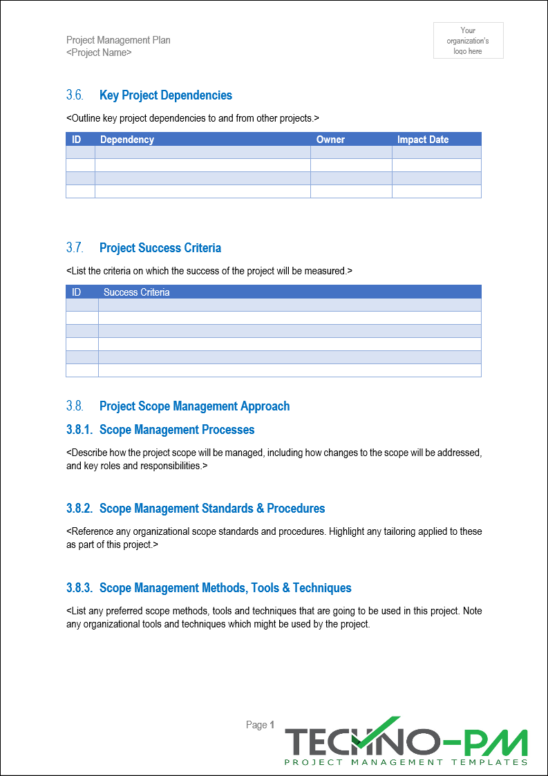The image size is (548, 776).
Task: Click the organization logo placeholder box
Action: click(468, 40)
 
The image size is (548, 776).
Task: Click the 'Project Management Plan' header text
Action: click(118, 40)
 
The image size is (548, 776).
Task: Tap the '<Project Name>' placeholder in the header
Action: click(99, 53)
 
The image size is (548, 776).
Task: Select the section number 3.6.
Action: click(75, 95)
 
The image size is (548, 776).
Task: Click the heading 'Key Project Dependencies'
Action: click(166, 95)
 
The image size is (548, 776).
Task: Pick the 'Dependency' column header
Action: click(127, 140)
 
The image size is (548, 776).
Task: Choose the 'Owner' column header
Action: click(330, 140)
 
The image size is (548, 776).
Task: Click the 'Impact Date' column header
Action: click(423, 140)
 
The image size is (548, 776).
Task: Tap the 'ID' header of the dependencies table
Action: click(77, 140)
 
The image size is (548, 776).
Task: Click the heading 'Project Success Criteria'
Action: click(160, 248)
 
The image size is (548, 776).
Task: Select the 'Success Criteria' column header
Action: click(136, 292)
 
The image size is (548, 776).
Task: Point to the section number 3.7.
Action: click(75, 248)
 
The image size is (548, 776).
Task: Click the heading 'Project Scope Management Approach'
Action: click(195, 406)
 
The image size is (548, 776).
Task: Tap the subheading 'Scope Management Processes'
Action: click(177, 430)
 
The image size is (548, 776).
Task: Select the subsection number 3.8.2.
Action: click(79, 509)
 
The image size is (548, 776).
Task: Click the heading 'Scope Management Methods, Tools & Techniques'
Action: click(225, 588)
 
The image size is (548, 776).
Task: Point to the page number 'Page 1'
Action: click(261, 725)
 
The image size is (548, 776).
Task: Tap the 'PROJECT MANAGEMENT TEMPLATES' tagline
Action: click(406, 762)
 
